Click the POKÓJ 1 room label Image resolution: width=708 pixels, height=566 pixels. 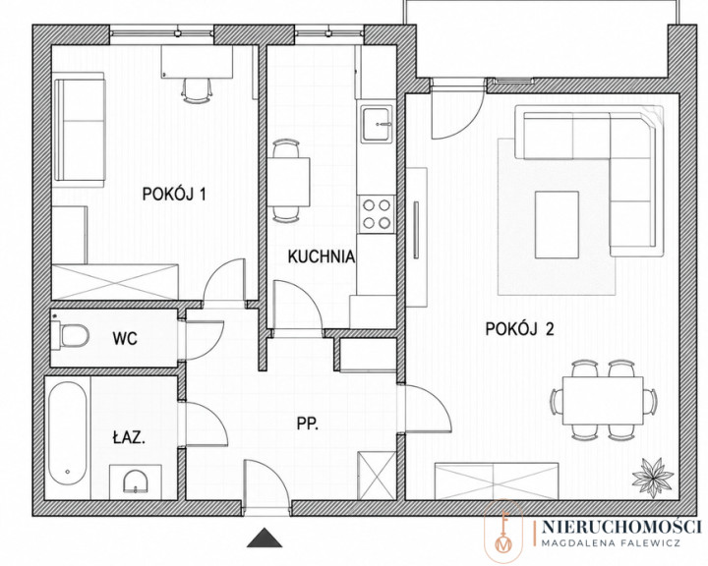point(174,194)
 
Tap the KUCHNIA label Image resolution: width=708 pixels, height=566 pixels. point(321,256)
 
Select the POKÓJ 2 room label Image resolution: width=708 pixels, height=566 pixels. point(519,329)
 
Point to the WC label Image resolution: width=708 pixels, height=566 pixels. point(125,338)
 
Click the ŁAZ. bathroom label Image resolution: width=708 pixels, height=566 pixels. point(129,437)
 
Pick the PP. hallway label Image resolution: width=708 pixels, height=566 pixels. point(308,424)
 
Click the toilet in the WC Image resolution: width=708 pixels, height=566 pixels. point(70,335)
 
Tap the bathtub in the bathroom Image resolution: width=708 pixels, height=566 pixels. point(67,434)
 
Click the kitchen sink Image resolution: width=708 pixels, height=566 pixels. point(376,122)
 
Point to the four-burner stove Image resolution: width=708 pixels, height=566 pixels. point(377,214)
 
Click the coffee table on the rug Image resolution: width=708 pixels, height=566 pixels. point(558,224)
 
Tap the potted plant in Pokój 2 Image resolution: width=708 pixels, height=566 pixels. point(653,478)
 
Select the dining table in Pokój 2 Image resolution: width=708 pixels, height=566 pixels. point(603,400)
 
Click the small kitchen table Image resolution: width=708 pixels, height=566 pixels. point(288,182)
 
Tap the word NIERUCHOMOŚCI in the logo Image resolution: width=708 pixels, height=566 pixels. point(621,527)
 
